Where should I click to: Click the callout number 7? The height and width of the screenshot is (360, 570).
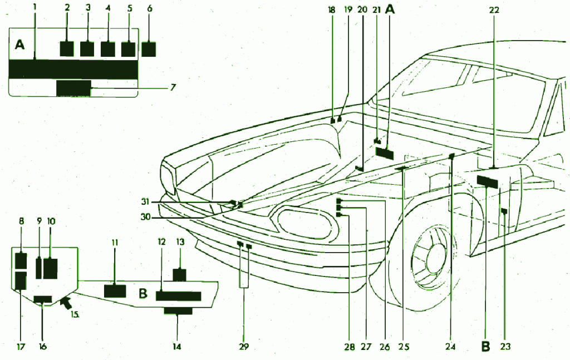pyautogui.click(x=173, y=87)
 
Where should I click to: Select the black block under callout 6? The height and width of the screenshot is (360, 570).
pyautogui.click(x=149, y=49)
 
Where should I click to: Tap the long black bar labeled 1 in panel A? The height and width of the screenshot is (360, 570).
pyautogui.click(x=73, y=70)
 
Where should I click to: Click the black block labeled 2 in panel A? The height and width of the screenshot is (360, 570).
pyautogui.click(x=66, y=48)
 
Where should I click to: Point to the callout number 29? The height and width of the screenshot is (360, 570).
pyautogui.click(x=244, y=347)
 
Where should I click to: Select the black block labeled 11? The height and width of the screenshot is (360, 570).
pyautogui.click(x=115, y=290)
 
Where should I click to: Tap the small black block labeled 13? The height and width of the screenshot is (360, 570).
pyautogui.click(x=179, y=275)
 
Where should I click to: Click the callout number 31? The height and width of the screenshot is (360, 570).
pyautogui.click(x=145, y=201)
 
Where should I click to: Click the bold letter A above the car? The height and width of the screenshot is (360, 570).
pyautogui.click(x=390, y=9)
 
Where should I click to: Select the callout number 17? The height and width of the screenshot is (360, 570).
pyautogui.click(x=20, y=347)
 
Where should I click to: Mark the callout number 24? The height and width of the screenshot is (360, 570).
pyautogui.click(x=450, y=347)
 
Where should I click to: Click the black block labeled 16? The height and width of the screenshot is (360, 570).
pyautogui.click(x=43, y=300)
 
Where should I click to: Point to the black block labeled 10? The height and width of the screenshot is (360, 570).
pyautogui.click(x=50, y=268)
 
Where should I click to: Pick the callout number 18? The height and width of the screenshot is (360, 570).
pyautogui.click(x=332, y=9)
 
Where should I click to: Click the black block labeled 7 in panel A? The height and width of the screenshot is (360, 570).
pyautogui.click(x=73, y=88)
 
